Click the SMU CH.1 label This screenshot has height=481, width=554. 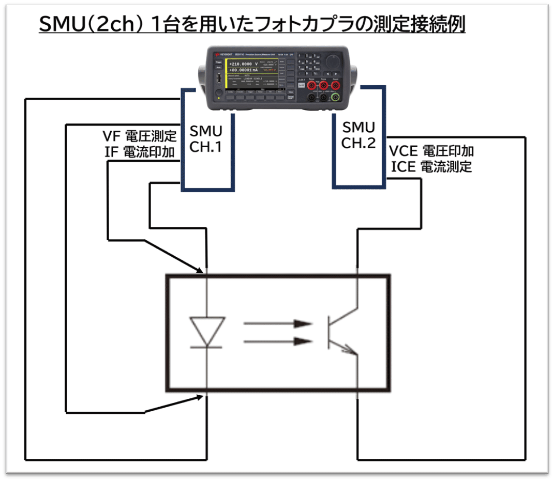206,138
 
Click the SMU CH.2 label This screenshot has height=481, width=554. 358,135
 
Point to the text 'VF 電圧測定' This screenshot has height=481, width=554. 140,137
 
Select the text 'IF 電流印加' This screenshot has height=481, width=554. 140,152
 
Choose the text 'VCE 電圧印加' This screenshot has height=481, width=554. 431,151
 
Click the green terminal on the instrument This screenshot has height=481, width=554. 336,97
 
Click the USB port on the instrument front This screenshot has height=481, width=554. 219,79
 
